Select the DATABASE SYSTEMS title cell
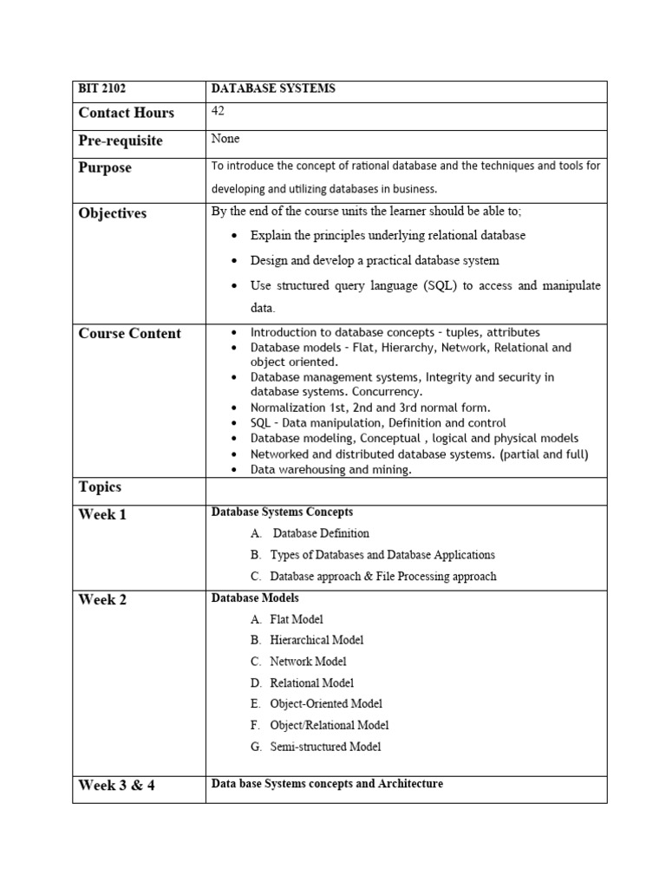pyautogui.click(x=273, y=88)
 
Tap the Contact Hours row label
pyautogui.click(x=126, y=113)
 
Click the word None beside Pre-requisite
pyautogui.click(x=225, y=139)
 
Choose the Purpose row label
pyautogui.click(x=105, y=167)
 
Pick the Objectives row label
pyautogui.click(x=113, y=213)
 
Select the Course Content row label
pyautogui.click(x=130, y=334)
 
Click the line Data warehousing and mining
pyautogui.click(x=330, y=469)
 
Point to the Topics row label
pyautogui.click(x=100, y=487)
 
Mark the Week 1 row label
pyautogui.click(x=102, y=514)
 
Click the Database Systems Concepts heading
pyautogui.click(x=282, y=513)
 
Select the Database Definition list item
pyautogui.click(x=321, y=533)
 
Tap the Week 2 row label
pyautogui.click(x=102, y=599)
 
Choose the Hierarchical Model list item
pyautogui.click(x=317, y=640)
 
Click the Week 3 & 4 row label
pyautogui.click(x=117, y=787)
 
